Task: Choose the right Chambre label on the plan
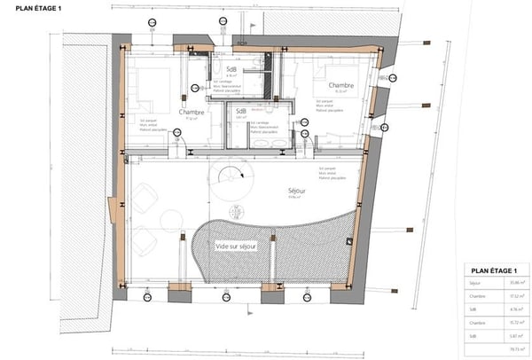340,86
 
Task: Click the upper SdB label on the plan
232,69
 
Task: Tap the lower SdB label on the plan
240,113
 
